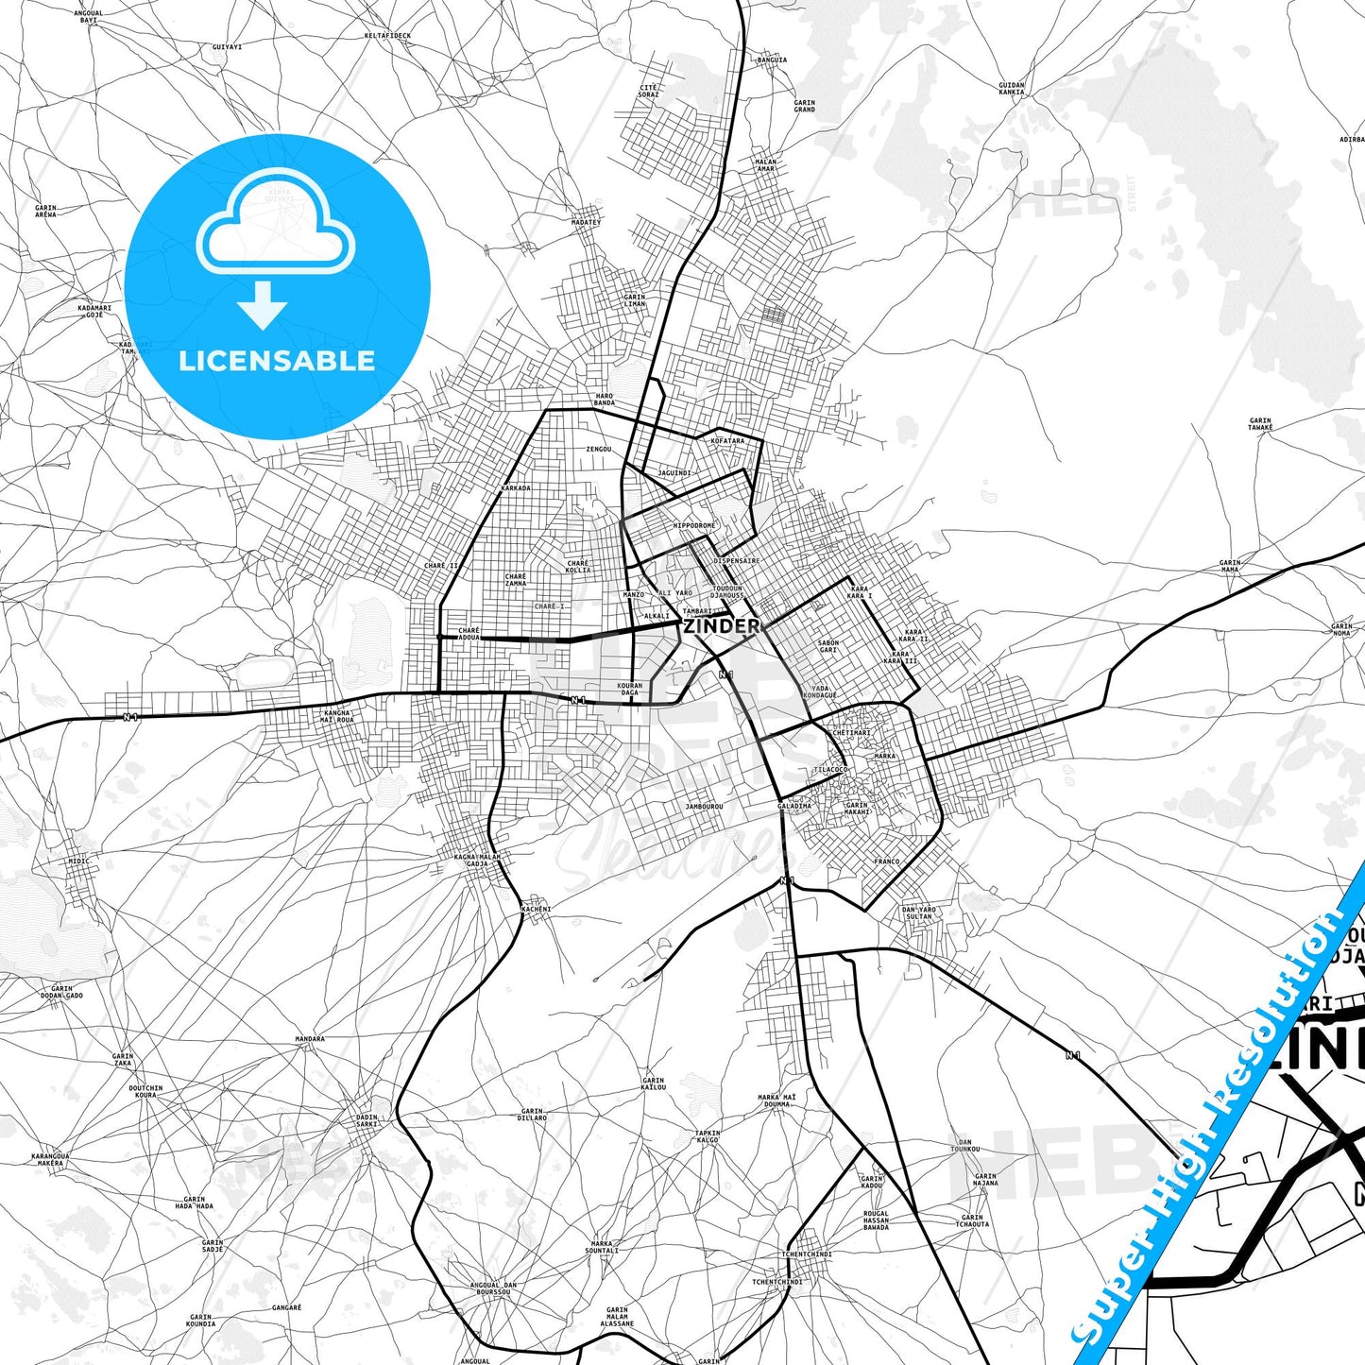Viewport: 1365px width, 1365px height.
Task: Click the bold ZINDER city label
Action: [721, 625]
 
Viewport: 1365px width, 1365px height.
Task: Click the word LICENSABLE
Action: [277, 361]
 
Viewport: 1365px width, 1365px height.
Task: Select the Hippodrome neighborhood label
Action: [694, 525]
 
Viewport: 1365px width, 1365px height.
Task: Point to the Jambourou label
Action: [704, 807]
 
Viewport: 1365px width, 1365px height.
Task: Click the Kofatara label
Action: [727, 440]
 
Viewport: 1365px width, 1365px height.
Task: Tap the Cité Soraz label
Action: [648, 91]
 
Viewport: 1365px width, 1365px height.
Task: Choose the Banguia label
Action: [772, 60]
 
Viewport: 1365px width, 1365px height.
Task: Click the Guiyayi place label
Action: [228, 46]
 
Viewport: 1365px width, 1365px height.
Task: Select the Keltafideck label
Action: [387, 36]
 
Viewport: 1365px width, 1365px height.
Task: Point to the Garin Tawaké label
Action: [1260, 424]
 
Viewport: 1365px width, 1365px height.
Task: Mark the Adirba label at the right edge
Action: [1351, 139]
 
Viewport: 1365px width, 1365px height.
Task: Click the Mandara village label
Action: [310, 1039]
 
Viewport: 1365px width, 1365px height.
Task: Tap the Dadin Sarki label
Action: [367, 1120]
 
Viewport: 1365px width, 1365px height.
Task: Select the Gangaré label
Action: [286, 1307]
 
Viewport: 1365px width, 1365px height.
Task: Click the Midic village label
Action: [78, 862]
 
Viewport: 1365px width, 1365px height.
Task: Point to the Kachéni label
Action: [536, 909]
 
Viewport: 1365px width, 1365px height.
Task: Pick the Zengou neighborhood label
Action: [599, 450]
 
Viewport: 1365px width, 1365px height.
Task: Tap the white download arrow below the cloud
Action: [263, 304]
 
